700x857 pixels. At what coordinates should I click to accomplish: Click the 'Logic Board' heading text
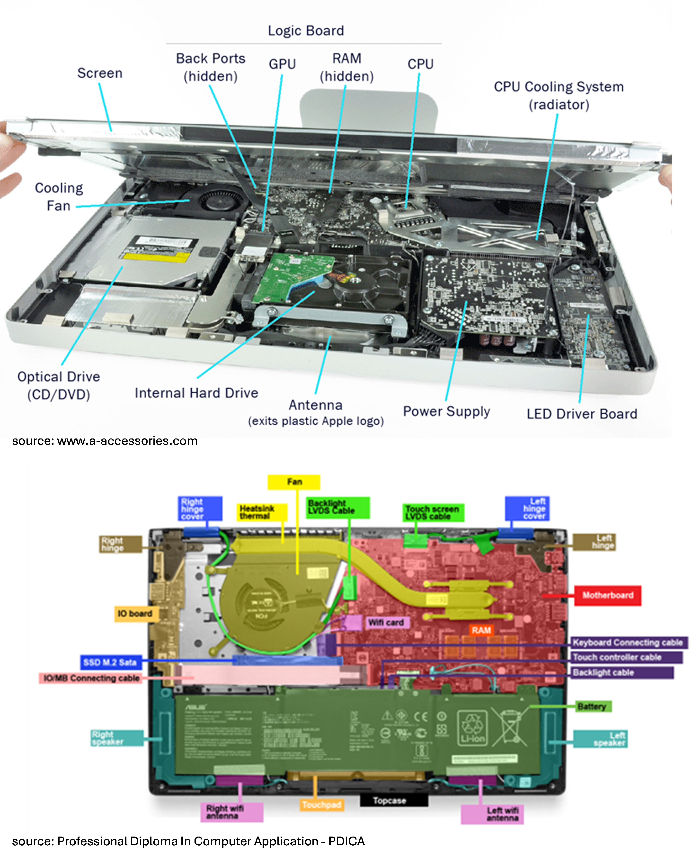point(306,31)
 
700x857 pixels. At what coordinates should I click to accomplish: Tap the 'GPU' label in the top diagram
point(282,64)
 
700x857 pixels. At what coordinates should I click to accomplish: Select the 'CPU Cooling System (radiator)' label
point(558,96)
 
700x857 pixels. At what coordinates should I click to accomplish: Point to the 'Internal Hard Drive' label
point(196,393)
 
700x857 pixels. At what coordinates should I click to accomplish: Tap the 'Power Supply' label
point(446,411)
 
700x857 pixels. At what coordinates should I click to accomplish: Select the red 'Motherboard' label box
point(607,595)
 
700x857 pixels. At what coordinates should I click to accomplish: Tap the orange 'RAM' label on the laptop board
point(481,630)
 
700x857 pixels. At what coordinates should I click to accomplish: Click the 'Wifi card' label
point(386,623)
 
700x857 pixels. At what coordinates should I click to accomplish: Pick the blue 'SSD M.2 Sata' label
point(110,662)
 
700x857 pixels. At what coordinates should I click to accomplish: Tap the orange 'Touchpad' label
point(321,805)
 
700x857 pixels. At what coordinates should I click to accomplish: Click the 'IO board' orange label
point(135,614)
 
